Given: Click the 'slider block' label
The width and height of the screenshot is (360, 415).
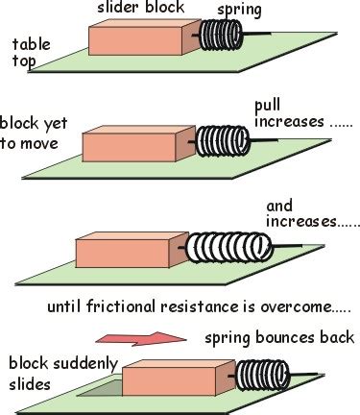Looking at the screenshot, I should pyautogui.click(x=133, y=9).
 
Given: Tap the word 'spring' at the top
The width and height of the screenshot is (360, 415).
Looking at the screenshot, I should pyautogui.click(x=237, y=10).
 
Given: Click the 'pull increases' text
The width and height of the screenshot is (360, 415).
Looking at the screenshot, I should pyautogui.click(x=289, y=114).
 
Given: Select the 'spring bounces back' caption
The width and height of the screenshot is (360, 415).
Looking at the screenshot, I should pyautogui.click(x=279, y=337).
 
